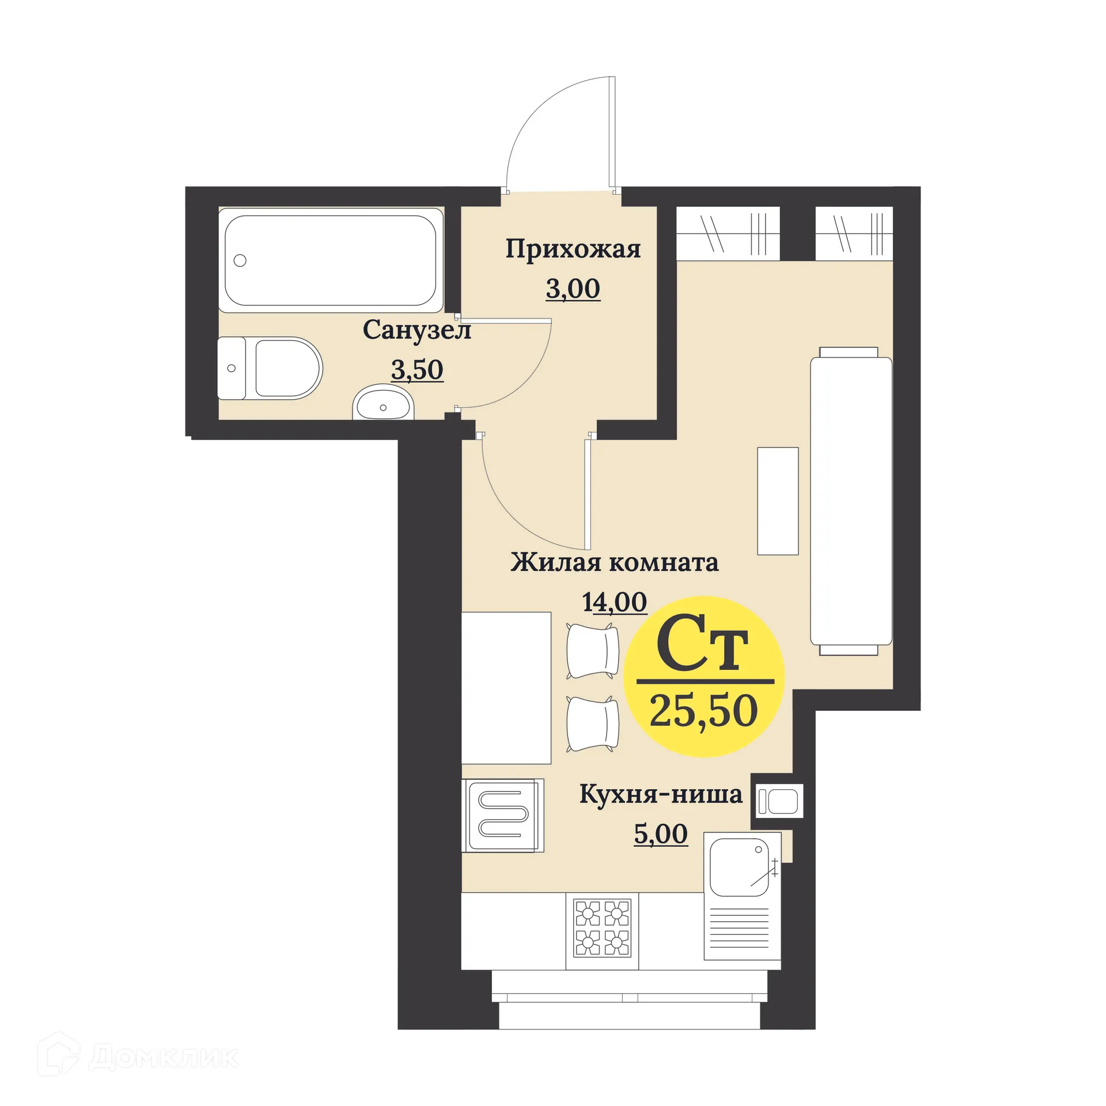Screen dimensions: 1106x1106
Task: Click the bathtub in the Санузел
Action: pyautogui.click(x=330, y=260)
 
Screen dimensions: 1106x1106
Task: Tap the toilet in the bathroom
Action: pyautogui.click(x=276, y=368)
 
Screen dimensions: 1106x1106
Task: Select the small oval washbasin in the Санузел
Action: pyautogui.click(x=383, y=404)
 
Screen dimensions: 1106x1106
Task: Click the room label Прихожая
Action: pyautogui.click(x=573, y=250)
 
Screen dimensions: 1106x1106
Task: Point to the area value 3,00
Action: pyautogui.click(x=573, y=289)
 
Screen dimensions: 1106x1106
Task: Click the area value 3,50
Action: pyautogui.click(x=417, y=369)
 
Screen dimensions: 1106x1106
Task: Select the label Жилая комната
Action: pyautogui.click(x=614, y=563)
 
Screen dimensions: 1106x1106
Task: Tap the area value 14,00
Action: pyautogui.click(x=614, y=603)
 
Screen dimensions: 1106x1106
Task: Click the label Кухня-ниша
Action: pyautogui.click(x=660, y=794)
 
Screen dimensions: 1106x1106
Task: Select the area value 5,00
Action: pyautogui.click(x=660, y=834)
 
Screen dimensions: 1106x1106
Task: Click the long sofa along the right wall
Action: pyautogui.click(x=851, y=501)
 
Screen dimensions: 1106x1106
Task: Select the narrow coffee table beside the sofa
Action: pyautogui.click(x=778, y=501)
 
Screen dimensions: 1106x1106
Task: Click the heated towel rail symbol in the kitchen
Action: pyautogui.click(x=503, y=815)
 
